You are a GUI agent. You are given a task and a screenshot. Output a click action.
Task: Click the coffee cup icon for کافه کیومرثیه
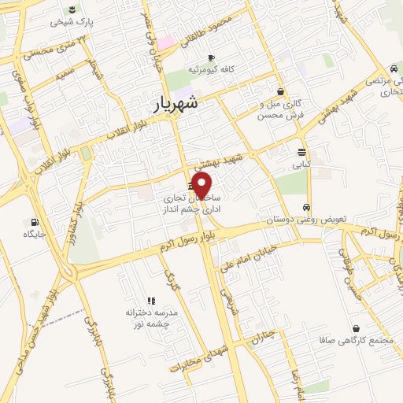(x=210, y=58)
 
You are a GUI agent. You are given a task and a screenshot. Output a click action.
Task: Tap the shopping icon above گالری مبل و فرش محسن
(x=280, y=91)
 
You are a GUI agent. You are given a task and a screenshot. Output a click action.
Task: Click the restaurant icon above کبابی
(x=302, y=153)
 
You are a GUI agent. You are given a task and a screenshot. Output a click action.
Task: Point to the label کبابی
(x=302, y=165)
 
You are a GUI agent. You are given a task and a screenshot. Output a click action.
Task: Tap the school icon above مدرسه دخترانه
(x=152, y=300)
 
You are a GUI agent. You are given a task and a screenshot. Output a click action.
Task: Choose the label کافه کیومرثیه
(x=210, y=71)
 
